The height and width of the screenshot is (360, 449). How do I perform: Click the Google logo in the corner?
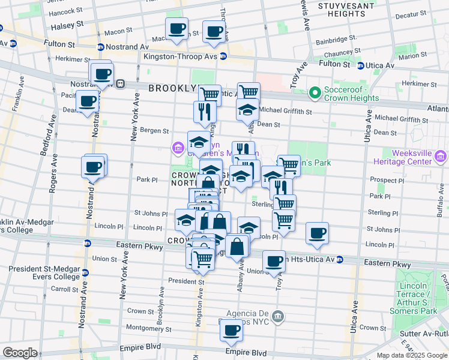coord(20,353)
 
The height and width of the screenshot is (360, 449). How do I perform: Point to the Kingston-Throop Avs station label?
coord(180,56)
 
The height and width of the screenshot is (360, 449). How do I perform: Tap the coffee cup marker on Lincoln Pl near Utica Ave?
coord(317,233)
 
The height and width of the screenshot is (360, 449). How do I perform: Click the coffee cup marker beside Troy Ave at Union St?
coord(274,261)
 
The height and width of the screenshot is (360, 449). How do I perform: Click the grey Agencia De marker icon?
coord(277,316)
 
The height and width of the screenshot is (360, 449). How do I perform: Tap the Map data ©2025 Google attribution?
coord(412,355)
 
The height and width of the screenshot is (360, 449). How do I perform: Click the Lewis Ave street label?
coord(305,15)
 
